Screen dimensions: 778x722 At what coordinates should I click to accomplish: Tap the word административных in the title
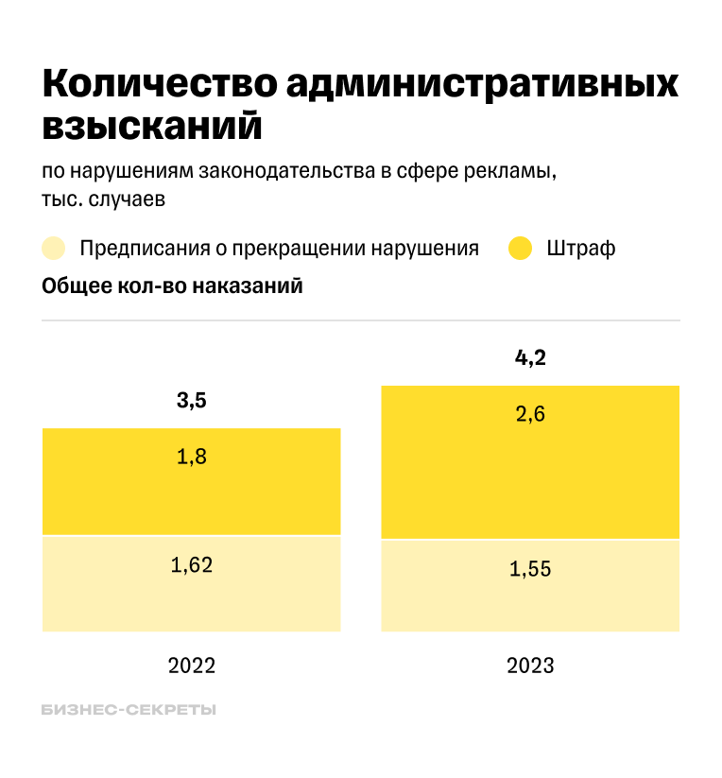pyautogui.click(x=481, y=84)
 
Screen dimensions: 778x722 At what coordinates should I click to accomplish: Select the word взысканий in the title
pyautogui.click(x=151, y=126)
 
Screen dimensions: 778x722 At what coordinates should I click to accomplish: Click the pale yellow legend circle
pyautogui.click(x=54, y=249)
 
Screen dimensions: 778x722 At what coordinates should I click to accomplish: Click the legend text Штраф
pyautogui.click(x=581, y=249)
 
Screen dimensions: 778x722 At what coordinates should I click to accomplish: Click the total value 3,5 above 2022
pyautogui.click(x=191, y=401)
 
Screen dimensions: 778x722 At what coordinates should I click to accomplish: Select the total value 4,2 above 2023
pyautogui.click(x=530, y=358)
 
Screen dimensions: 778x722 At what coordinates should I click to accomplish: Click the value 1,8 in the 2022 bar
pyautogui.click(x=191, y=458)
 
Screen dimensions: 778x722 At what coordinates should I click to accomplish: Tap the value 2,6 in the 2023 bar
pyautogui.click(x=530, y=414)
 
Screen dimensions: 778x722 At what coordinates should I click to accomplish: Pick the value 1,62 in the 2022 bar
pyautogui.click(x=191, y=565)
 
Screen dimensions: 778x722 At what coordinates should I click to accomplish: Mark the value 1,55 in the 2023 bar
pyautogui.click(x=530, y=569)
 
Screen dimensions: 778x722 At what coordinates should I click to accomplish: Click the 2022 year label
pyautogui.click(x=192, y=665)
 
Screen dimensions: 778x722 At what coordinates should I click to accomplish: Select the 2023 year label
pyautogui.click(x=530, y=665)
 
